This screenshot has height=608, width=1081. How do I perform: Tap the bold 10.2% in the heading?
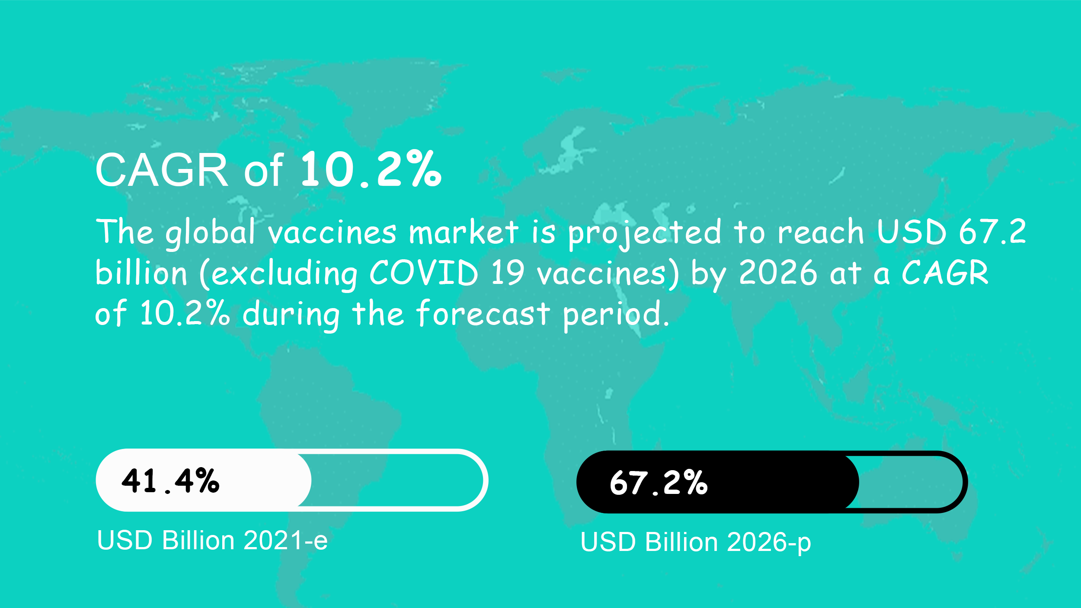[371, 169]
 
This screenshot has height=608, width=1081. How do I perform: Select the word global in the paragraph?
[211, 233]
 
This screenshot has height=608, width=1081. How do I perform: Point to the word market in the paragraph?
[464, 232]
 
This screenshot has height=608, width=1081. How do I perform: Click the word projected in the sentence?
[645, 234]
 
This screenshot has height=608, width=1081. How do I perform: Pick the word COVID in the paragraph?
[424, 273]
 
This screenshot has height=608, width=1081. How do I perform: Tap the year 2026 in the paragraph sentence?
[778, 273]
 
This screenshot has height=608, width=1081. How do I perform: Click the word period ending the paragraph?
[616, 315]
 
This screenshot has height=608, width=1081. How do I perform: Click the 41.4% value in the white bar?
[170, 481]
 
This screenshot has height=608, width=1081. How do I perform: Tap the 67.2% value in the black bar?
[659, 483]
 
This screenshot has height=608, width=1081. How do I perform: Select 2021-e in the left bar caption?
[285, 540]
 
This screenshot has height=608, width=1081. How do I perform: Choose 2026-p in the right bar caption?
[769, 543]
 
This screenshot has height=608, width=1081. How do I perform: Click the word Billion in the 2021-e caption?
[198, 540]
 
